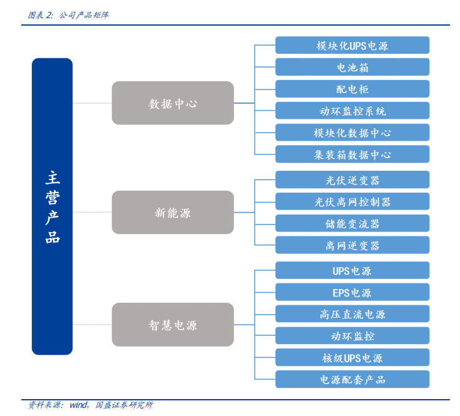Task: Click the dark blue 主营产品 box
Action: pyautogui.click(x=52, y=206)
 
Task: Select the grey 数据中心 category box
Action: pyautogui.click(x=173, y=103)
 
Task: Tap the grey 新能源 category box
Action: pyautogui.click(x=173, y=213)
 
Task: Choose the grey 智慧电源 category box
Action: pyautogui.click(x=173, y=325)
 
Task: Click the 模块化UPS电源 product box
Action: pyautogui.click(x=352, y=46)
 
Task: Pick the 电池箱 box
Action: pyautogui.click(x=352, y=68)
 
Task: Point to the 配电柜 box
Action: pyautogui.click(x=352, y=89)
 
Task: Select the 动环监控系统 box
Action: pyautogui.click(x=352, y=111)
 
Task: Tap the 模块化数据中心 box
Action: pyautogui.click(x=352, y=133)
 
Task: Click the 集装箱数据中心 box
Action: pyautogui.click(x=352, y=155)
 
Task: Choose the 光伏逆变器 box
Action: pyautogui.click(x=352, y=180)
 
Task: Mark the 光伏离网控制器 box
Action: pyautogui.click(x=352, y=201)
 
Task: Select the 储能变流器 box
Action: pyautogui.click(x=352, y=223)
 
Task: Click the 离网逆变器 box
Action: pyautogui.click(x=352, y=245)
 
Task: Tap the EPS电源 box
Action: pyautogui.click(x=352, y=292)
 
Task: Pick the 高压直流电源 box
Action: pyautogui.click(x=352, y=314)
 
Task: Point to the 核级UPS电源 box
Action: pyautogui.click(x=352, y=358)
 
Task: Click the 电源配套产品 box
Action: pyautogui.click(x=352, y=379)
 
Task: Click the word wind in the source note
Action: pyautogui.click(x=78, y=405)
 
